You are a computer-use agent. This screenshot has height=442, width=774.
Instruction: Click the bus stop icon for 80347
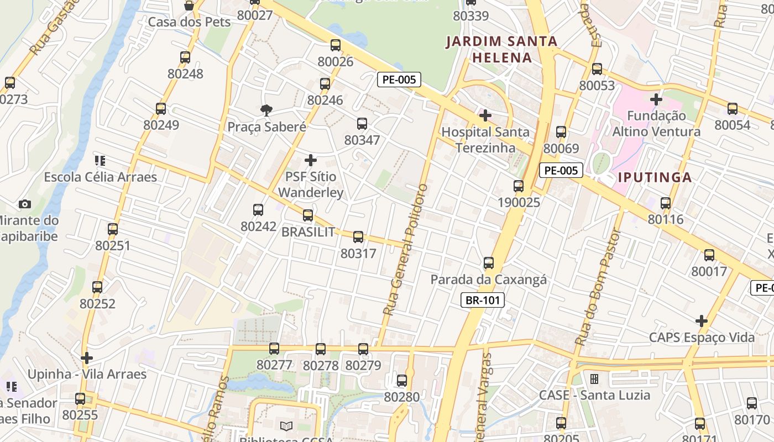362,124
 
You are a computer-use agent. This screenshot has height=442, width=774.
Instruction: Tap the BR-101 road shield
483,301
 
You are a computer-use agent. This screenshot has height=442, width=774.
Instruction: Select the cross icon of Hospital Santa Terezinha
485,115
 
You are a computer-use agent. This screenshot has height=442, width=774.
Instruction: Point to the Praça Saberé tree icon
266,110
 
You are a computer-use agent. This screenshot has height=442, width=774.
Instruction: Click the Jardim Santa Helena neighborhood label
501,49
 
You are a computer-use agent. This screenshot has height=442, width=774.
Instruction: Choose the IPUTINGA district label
655,177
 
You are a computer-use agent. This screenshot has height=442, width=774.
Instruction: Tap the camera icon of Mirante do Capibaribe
24,204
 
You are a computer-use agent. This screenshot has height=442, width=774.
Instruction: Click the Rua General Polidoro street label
406,250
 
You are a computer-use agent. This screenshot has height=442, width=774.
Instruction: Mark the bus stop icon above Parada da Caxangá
488,263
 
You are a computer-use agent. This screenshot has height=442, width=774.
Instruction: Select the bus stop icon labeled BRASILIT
308,215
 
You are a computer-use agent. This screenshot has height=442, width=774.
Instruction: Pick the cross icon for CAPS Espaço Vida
701,321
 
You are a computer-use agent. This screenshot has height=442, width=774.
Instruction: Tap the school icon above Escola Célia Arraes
100,161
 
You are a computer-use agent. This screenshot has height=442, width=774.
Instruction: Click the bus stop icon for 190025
518,186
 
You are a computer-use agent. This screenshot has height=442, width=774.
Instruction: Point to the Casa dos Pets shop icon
189,6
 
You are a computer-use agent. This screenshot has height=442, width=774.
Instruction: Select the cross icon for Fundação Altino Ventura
656,99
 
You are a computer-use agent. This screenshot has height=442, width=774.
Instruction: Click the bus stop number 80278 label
321,366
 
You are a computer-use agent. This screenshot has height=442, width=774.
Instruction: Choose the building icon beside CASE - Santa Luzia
594,379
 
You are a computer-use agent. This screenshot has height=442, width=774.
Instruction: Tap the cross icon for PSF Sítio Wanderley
311,160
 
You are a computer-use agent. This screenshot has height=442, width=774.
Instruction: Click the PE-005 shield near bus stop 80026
399,80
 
